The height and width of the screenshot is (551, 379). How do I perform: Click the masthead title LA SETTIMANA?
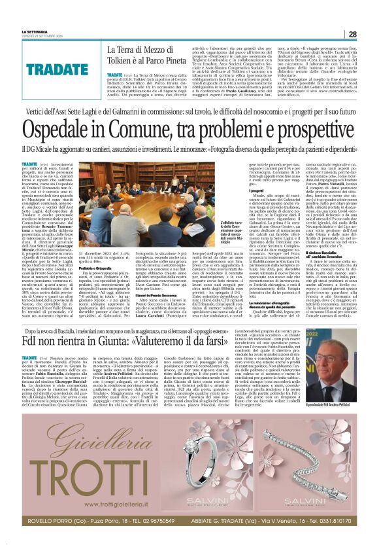pos(35,32)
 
